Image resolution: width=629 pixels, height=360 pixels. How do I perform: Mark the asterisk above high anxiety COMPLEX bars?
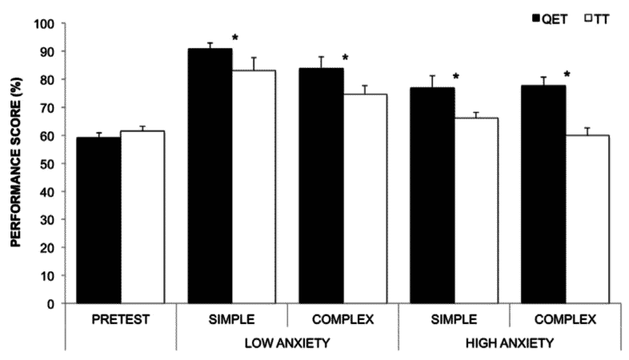pos(566,74)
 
